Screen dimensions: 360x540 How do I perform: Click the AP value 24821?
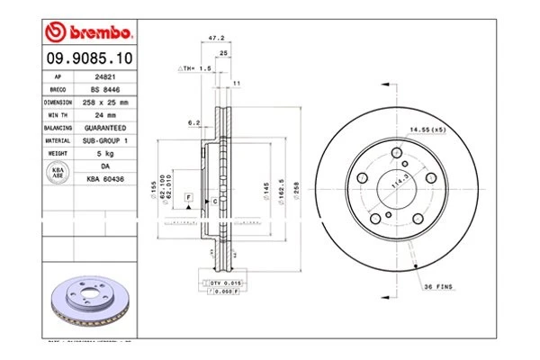(106, 77)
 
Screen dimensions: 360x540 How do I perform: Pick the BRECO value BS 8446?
(106, 90)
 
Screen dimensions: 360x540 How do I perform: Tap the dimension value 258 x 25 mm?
(106, 103)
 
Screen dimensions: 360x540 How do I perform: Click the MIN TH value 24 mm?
(106, 115)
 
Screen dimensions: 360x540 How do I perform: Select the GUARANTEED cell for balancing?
(106, 128)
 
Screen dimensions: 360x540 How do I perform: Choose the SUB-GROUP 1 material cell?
(106, 140)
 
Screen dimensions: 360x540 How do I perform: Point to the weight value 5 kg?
(106, 153)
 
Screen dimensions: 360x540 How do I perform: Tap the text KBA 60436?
(106, 179)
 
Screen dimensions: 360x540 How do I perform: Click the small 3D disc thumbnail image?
(89, 302)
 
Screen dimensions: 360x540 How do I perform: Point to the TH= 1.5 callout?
(194, 68)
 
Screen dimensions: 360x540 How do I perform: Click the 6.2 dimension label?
(193, 122)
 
